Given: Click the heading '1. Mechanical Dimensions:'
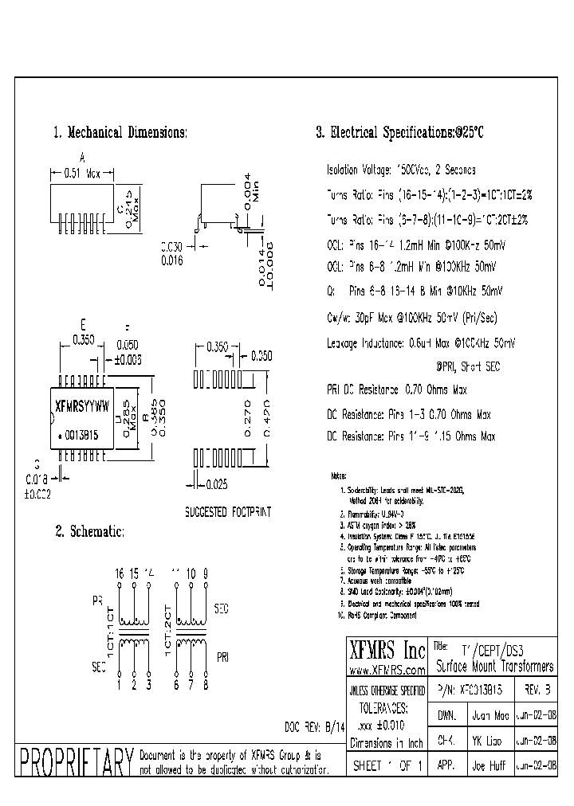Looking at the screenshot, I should [120, 133].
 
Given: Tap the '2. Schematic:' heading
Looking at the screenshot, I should [88, 531].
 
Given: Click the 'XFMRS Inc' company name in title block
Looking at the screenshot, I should [386, 649].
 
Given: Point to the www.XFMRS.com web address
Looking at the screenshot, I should [387, 671].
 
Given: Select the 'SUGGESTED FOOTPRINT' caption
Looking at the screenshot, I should [227, 512].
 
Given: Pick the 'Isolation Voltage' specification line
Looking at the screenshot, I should [400, 170].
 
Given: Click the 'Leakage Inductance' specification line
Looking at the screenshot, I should [421, 342].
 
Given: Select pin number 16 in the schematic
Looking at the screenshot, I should [120, 573].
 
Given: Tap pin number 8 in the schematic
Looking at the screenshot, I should [206, 683].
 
